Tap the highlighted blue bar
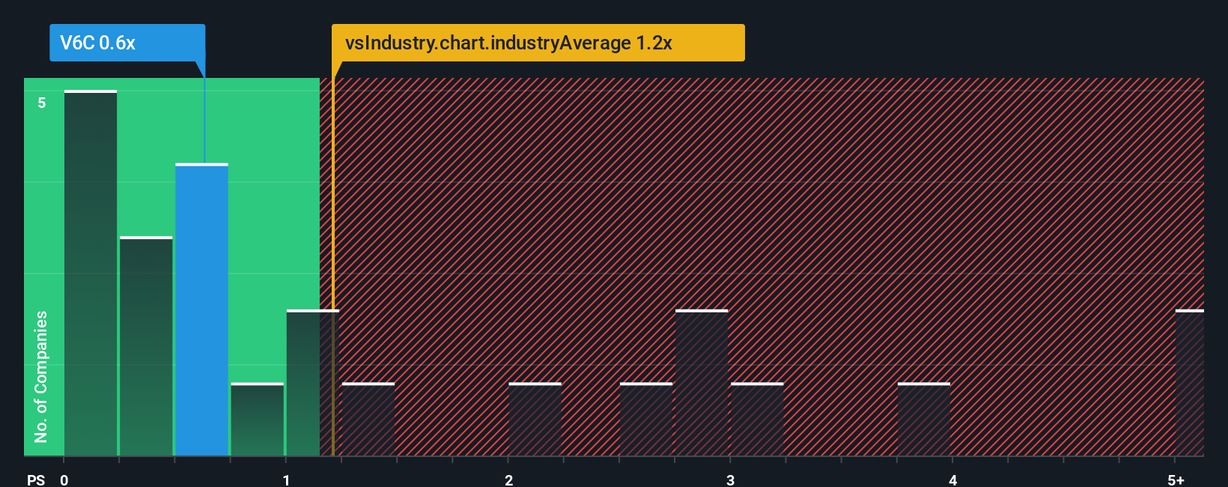pyautogui.click(x=201, y=309)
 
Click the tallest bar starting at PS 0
pyautogui.click(x=91, y=273)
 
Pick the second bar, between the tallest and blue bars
pyautogui.click(x=146, y=346)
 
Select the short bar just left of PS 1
pyautogui.click(x=257, y=420)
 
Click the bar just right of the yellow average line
pyautogui.click(x=368, y=420)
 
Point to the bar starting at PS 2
pyautogui.click(x=535, y=420)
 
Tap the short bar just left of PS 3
pyautogui.click(x=646, y=420)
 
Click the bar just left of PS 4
pyautogui.click(x=923, y=420)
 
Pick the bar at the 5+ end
pyautogui.click(x=1189, y=383)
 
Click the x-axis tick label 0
pyautogui.click(x=64, y=480)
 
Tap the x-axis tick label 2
pyautogui.click(x=508, y=480)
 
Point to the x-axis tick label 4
pyautogui.click(x=952, y=480)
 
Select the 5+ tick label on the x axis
pyautogui.click(x=1176, y=480)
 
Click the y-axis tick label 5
pyautogui.click(x=42, y=103)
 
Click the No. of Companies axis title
pyautogui.click(x=41, y=376)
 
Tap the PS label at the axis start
pyautogui.click(x=36, y=480)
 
